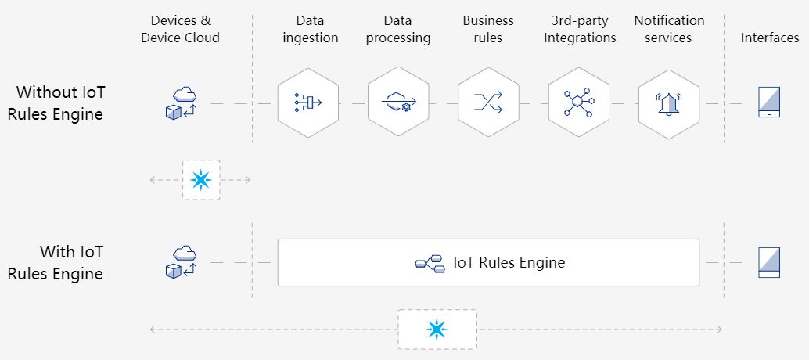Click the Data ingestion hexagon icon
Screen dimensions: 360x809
tap(307, 103)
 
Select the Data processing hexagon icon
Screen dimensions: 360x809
tap(398, 103)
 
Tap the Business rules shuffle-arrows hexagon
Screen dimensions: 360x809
tap(488, 103)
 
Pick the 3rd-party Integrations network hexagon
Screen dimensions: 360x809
tap(578, 103)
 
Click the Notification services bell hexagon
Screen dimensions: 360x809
tap(669, 103)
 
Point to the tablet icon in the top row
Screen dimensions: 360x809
tap(768, 103)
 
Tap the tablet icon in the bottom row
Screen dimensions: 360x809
tap(768, 262)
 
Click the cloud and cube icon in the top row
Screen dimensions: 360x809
tap(181, 103)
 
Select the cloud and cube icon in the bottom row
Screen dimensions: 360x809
tap(181, 262)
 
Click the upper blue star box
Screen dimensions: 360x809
tap(201, 180)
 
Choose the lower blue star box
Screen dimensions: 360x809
tap(437, 329)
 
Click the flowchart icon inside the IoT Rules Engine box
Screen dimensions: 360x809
tap(430, 263)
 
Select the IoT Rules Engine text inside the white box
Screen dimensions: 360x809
tap(509, 263)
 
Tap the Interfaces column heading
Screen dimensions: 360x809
tap(770, 38)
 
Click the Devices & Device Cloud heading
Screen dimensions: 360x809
tap(181, 29)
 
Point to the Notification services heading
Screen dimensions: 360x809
tap(669, 29)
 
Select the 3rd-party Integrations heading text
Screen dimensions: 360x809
tap(580, 29)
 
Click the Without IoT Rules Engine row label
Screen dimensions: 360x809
tap(56, 103)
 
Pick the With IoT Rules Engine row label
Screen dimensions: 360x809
tap(56, 263)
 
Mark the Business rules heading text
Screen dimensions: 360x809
tap(488, 29)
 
